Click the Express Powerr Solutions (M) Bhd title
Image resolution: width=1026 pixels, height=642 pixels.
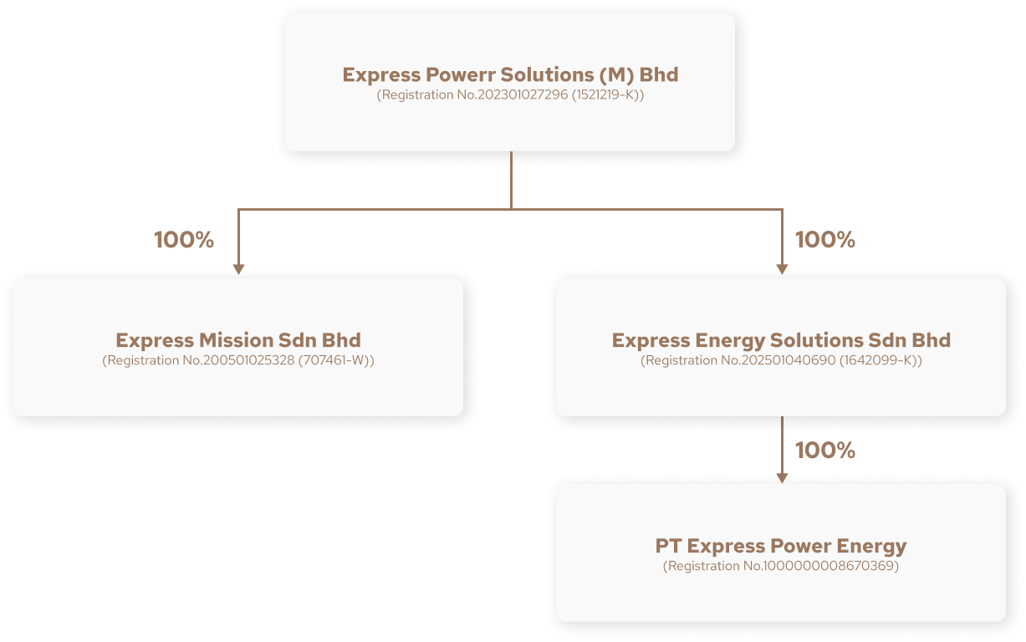510,74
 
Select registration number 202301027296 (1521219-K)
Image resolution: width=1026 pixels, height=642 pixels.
510,95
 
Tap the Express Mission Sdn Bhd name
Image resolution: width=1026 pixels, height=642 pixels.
238,340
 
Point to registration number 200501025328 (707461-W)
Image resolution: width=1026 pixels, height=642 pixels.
238,361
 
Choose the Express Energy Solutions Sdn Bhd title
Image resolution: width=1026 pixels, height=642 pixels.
781,340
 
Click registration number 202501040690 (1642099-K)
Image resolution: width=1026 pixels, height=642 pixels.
781,361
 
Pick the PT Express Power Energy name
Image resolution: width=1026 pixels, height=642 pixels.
781,546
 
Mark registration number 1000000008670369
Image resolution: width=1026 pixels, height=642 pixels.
781,567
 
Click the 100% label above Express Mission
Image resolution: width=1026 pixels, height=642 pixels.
184,240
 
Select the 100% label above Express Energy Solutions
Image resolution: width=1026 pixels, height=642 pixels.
824,240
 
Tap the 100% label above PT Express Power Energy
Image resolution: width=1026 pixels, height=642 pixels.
824,451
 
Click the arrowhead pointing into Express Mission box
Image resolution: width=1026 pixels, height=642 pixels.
238,269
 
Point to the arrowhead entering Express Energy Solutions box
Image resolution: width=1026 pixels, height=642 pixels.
782,269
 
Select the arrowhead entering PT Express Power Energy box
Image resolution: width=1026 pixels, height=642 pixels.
782,477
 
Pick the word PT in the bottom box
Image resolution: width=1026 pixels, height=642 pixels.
668,546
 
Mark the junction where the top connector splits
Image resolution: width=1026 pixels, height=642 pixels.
511,209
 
